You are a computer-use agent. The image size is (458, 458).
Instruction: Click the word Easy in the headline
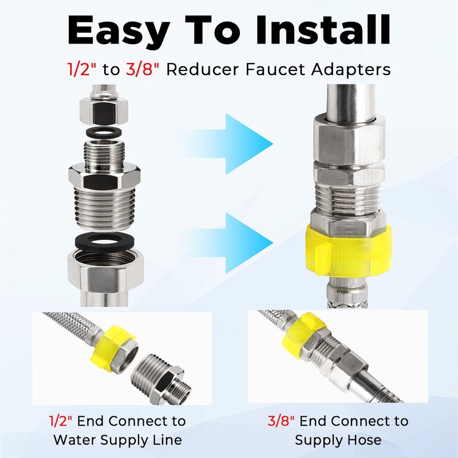point(119,31)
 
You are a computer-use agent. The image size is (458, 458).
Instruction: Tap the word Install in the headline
point(323,30)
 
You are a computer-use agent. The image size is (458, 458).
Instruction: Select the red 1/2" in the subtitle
point(82,69)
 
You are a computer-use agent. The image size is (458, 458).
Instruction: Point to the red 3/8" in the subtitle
point(143,69)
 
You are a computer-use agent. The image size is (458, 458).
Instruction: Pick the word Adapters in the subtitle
point(350,70)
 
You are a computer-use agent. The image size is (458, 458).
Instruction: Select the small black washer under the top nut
point(104,133)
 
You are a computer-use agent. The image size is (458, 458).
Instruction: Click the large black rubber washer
point(104,241)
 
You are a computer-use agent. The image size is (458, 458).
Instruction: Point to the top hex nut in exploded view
point(104,111)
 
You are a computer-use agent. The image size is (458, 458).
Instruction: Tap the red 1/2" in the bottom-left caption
point(61,421)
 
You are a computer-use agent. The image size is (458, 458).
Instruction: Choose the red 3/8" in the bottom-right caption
point(281,421)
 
